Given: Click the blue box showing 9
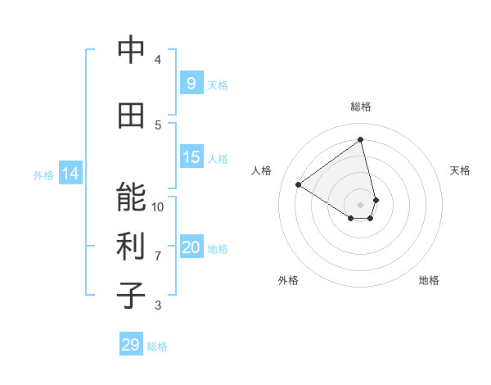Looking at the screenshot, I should click(x=191, y=84).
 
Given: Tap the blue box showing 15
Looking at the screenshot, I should click(x=191, y=157).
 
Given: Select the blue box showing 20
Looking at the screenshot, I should click(x=191, y=247).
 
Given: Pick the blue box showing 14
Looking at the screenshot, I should click(x=70, y=174).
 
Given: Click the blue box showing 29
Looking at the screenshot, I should click(x=130, y=345).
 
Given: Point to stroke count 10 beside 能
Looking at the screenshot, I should click(x=158, y=206).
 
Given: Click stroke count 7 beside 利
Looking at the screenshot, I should click(x=158, y=256).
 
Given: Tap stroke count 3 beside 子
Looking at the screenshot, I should click(x=158, y=306).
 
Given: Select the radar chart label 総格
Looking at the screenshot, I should click(x=360, y=106).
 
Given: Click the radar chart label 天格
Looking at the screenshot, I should click(x=461, y=170).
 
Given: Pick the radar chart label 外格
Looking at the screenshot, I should click(x=288, y=280).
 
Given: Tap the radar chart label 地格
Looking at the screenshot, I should click(x=429, y=280).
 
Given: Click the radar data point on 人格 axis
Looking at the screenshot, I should click(x=299, y=184).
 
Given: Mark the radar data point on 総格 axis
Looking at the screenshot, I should click(x=360, y=139).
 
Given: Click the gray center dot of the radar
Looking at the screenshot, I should click(x=360, y=204).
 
